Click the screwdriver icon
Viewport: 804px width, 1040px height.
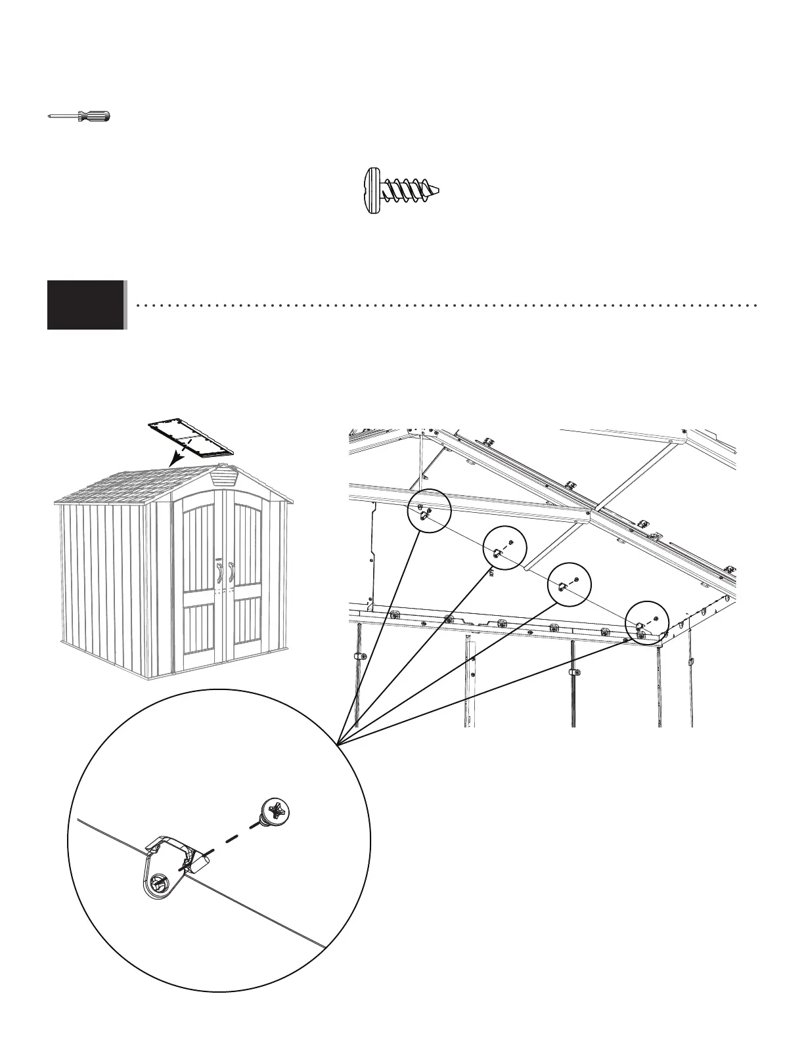point(79,117)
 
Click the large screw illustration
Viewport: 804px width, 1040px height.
point(401,190)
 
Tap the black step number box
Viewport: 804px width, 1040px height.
point(86,305)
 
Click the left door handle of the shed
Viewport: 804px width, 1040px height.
point(218,571)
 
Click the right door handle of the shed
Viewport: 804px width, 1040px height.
point(231,571)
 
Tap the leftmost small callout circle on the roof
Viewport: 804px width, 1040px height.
point(430,511)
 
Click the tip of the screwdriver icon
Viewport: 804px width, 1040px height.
point(50,117)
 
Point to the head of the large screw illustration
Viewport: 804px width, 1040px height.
point(372,190)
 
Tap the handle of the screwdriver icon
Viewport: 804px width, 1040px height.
point(95,117)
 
